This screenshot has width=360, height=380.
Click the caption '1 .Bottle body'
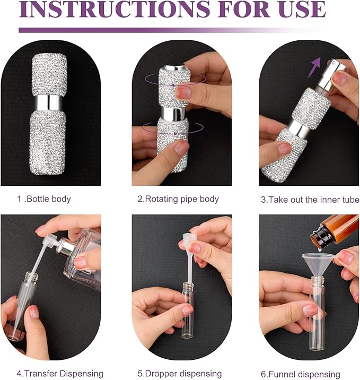pos(45,199)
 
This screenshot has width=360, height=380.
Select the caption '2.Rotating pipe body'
pos(178,199)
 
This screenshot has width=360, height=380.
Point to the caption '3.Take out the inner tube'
pos(310,200)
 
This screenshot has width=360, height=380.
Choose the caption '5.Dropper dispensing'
pos(180,374)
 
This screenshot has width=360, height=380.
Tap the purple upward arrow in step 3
pos(315,67)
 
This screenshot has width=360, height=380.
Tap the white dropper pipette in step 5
pos(187,257)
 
